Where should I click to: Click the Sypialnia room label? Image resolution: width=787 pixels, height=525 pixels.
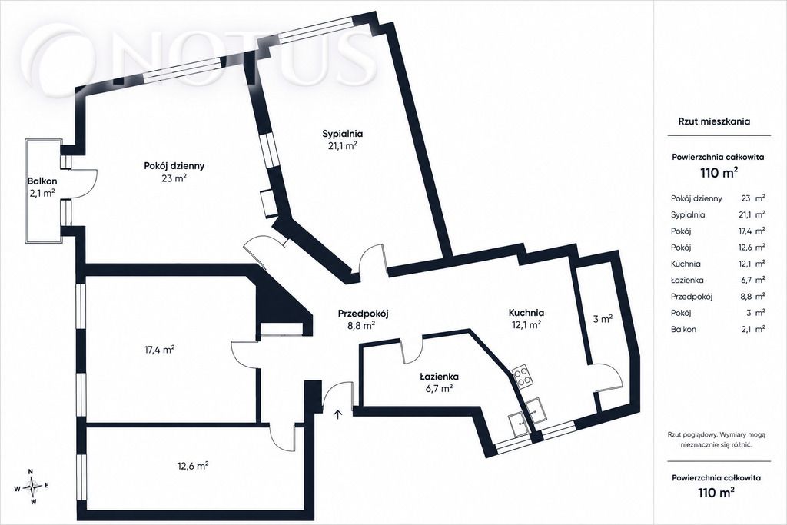click(342, 134)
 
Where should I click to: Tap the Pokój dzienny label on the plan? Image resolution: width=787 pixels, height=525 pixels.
click(174, 165)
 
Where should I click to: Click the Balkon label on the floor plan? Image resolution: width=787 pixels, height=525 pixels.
click(42, 181)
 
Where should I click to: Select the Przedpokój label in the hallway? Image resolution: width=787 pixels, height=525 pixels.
click(363, 314)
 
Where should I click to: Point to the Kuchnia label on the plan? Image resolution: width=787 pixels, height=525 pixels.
click(526, 313)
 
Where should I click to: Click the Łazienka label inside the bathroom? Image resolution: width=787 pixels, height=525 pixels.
click(439, 377)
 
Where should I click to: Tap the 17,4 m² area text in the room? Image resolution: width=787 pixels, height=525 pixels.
click(159, 349)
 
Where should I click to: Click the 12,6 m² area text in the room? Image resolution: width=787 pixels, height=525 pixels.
click(193, 466)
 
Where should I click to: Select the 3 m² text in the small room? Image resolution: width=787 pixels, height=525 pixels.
click(603, 318)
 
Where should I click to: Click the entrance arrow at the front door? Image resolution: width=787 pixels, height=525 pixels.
click(338, 414)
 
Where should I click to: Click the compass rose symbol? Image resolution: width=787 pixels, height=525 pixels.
click(32, 486)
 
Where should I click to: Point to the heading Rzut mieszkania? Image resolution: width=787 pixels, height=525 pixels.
click(714, 121)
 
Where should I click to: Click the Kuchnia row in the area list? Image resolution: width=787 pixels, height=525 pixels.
click(718, 264)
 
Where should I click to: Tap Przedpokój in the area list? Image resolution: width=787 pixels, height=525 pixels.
click(692, 297)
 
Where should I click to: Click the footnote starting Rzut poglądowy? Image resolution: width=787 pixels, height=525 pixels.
click(718, 439)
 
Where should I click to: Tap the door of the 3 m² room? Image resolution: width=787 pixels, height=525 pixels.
click(609, 377)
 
